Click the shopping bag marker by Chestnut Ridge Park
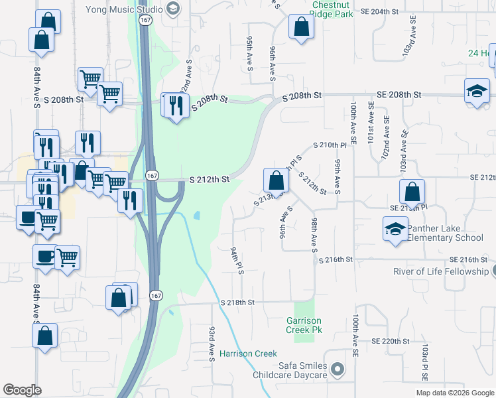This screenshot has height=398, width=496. (x=301, y=28)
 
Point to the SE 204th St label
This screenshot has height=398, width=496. (x=381, y=12)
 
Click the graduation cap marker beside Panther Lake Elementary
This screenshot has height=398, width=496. (x=395, y=230)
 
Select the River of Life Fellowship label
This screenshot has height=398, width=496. (x=440, y=271)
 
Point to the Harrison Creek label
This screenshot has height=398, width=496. (x=248, y=354)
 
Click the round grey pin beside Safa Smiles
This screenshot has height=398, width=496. (x=338, y=368)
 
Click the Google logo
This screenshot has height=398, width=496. (x=23, y=390)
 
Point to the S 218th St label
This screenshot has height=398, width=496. (x=238, y=302)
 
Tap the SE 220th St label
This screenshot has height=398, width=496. (x=388, y=341)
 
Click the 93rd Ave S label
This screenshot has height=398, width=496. (x=212, y=344)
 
